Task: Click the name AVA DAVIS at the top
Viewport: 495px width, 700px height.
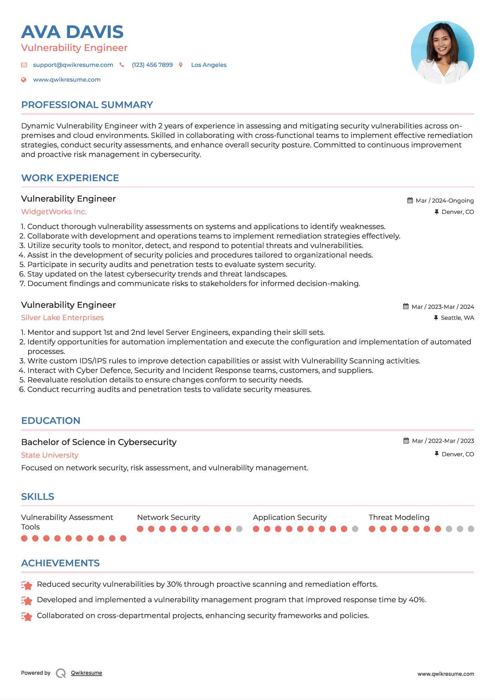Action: (72, 32)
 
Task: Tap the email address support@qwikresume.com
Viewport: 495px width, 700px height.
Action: (73, 65)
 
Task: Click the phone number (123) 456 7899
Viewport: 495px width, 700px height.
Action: (152, 65)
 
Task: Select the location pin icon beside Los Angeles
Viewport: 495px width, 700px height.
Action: (181, 65)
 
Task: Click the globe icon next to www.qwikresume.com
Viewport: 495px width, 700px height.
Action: (24, 80)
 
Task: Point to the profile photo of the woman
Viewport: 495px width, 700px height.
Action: (442, 52)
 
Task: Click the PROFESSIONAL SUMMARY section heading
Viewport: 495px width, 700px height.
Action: (87, 105)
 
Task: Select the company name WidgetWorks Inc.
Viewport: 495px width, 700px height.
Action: (54, 212)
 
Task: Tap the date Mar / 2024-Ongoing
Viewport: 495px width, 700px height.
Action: (444, 201)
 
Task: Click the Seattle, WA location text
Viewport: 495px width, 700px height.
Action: (457, 318)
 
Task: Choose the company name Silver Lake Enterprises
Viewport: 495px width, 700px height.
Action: (62, 318)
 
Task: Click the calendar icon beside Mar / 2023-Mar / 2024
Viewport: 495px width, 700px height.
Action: (406, 306)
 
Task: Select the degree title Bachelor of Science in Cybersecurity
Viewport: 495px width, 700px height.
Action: (99, 442)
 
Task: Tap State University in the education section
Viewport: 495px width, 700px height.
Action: (50, 455)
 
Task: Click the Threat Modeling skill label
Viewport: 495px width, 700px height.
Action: (399, 517)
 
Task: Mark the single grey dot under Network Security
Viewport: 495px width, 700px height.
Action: (239, 529)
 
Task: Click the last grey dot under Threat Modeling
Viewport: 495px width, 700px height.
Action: (471, 529)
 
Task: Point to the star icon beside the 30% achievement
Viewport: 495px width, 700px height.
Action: (27, 585)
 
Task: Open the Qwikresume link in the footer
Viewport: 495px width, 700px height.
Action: (86, 673)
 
